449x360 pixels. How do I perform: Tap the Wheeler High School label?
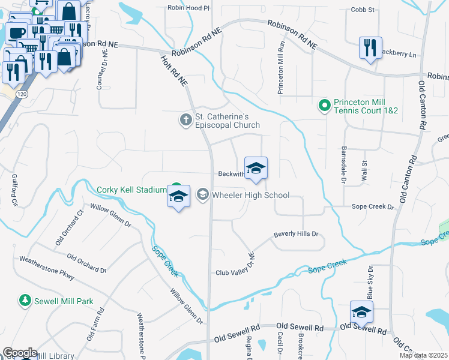point(250,195)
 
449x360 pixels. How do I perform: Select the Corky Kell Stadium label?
point(131,190)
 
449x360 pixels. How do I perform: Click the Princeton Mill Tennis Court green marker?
point(325,106)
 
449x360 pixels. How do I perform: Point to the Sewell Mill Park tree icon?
point(25,299)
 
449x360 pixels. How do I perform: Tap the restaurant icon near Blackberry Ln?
point(369,47)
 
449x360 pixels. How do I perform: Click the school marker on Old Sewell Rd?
point(362,312)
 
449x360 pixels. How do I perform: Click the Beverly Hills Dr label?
point(296,234)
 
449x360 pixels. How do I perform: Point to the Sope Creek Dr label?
point(372,206)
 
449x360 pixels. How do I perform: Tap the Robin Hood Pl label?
point(189,8)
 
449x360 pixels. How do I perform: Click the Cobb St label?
point(363,10)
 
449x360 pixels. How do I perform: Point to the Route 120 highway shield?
point(22,95)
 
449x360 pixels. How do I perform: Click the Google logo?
point(20,353)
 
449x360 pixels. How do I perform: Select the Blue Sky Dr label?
point(370,283)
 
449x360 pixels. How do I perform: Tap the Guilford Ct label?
point(13,190)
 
